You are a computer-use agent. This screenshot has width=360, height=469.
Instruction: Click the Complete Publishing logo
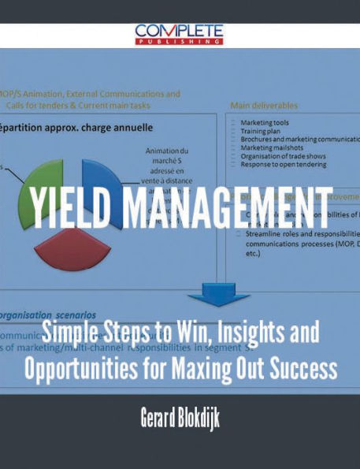click(x=180, y=33)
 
